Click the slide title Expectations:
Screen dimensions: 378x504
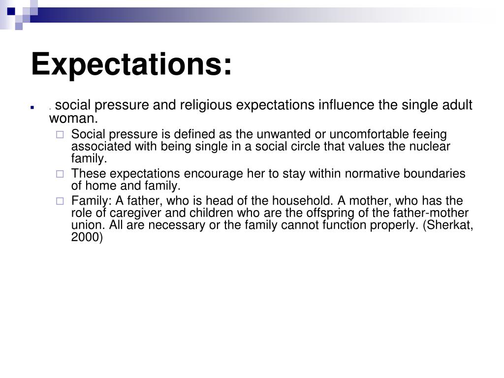tap(131, 64)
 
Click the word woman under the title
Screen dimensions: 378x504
tap(72, 119)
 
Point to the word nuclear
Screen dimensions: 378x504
tap(431, 147)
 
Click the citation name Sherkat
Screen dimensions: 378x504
tap(449, 225)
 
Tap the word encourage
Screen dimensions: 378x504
tap(208, 174)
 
